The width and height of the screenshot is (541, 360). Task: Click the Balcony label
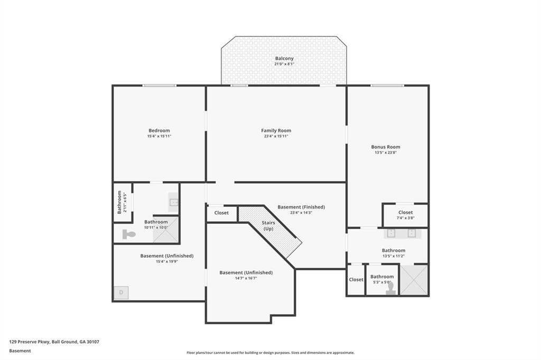(284, 59)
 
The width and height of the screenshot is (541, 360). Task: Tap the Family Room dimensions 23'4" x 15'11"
(276, 136)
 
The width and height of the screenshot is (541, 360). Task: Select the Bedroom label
(159, 130)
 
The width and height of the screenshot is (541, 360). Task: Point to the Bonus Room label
(385, 147)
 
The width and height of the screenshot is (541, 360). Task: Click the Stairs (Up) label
(268, 226)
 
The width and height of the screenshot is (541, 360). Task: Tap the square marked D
(121, 292)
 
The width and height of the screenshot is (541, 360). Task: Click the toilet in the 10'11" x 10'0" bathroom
(128, 234)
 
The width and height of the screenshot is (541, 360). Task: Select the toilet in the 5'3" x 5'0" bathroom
(390, 287)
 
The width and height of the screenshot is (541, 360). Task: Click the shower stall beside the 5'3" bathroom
(414, 280)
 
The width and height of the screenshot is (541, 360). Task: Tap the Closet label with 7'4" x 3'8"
(405, 212)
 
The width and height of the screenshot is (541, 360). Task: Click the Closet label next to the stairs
(221, 213)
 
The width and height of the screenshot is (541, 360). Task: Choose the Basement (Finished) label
(301, 207)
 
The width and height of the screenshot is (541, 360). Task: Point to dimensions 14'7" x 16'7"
(246, 278)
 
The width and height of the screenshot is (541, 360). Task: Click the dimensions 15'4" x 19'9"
(166, 261)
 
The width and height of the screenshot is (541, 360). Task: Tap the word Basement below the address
(20, 350)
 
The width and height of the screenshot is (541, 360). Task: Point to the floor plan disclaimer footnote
(270, 353)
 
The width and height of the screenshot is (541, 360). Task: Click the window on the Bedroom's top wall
(159, 86)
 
